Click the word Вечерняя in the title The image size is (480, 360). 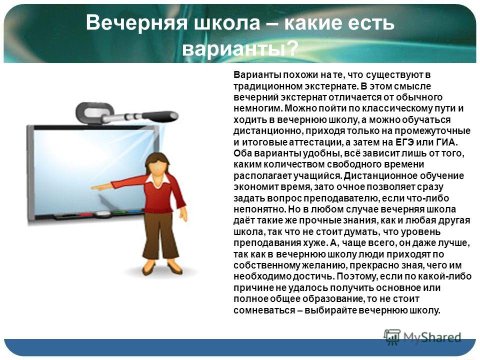(136, 22)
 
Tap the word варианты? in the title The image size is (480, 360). (240, 48)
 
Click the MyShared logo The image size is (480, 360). (422, 337)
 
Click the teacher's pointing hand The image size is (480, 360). (98, 187)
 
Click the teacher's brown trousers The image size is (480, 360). (160, 235)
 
